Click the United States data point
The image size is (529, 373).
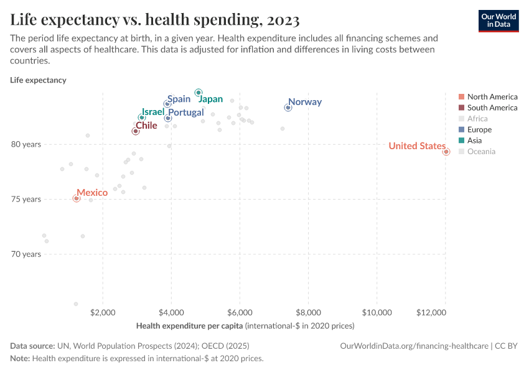click(x=446, y=152)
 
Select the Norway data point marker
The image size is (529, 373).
click(x=288, y=108)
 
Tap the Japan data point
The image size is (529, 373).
click(x=199, y=93)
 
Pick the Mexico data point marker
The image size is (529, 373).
click(x=77, y=198)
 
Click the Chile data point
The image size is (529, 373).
click(x=136, y=131)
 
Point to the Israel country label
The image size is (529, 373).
click(x=152, y=112)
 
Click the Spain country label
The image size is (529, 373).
click(x=179, y=99)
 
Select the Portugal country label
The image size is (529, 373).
click(x=186, y=113)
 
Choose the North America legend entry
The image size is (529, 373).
click(x=492, y=96)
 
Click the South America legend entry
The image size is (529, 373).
click(x=492, y=108)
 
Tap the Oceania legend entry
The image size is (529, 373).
click(x=481, y=151)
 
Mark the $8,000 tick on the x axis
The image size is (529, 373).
click(x=308, y=311)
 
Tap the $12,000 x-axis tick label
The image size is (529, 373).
click(x=444, y=311)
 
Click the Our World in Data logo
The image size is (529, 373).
click(x=498, y=20)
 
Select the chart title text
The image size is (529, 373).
click(x=155, y=20)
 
